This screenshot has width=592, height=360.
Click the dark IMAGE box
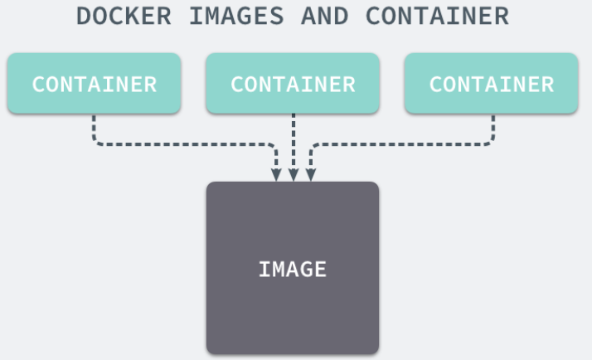pos(293,299)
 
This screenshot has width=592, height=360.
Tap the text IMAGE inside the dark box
pos(293,269)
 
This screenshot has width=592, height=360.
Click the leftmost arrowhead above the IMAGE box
pos(277,174)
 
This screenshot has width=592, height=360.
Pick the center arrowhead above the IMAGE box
pos(293,174)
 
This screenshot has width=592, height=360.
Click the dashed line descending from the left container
pos(94,129)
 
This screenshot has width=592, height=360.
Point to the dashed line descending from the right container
pos(493,129)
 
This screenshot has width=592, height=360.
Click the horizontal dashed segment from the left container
pos(182,144)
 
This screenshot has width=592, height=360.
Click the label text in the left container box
pos(94,84)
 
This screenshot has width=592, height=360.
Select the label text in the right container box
pos(492,84)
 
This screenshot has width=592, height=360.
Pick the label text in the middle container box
pos(293,84)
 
